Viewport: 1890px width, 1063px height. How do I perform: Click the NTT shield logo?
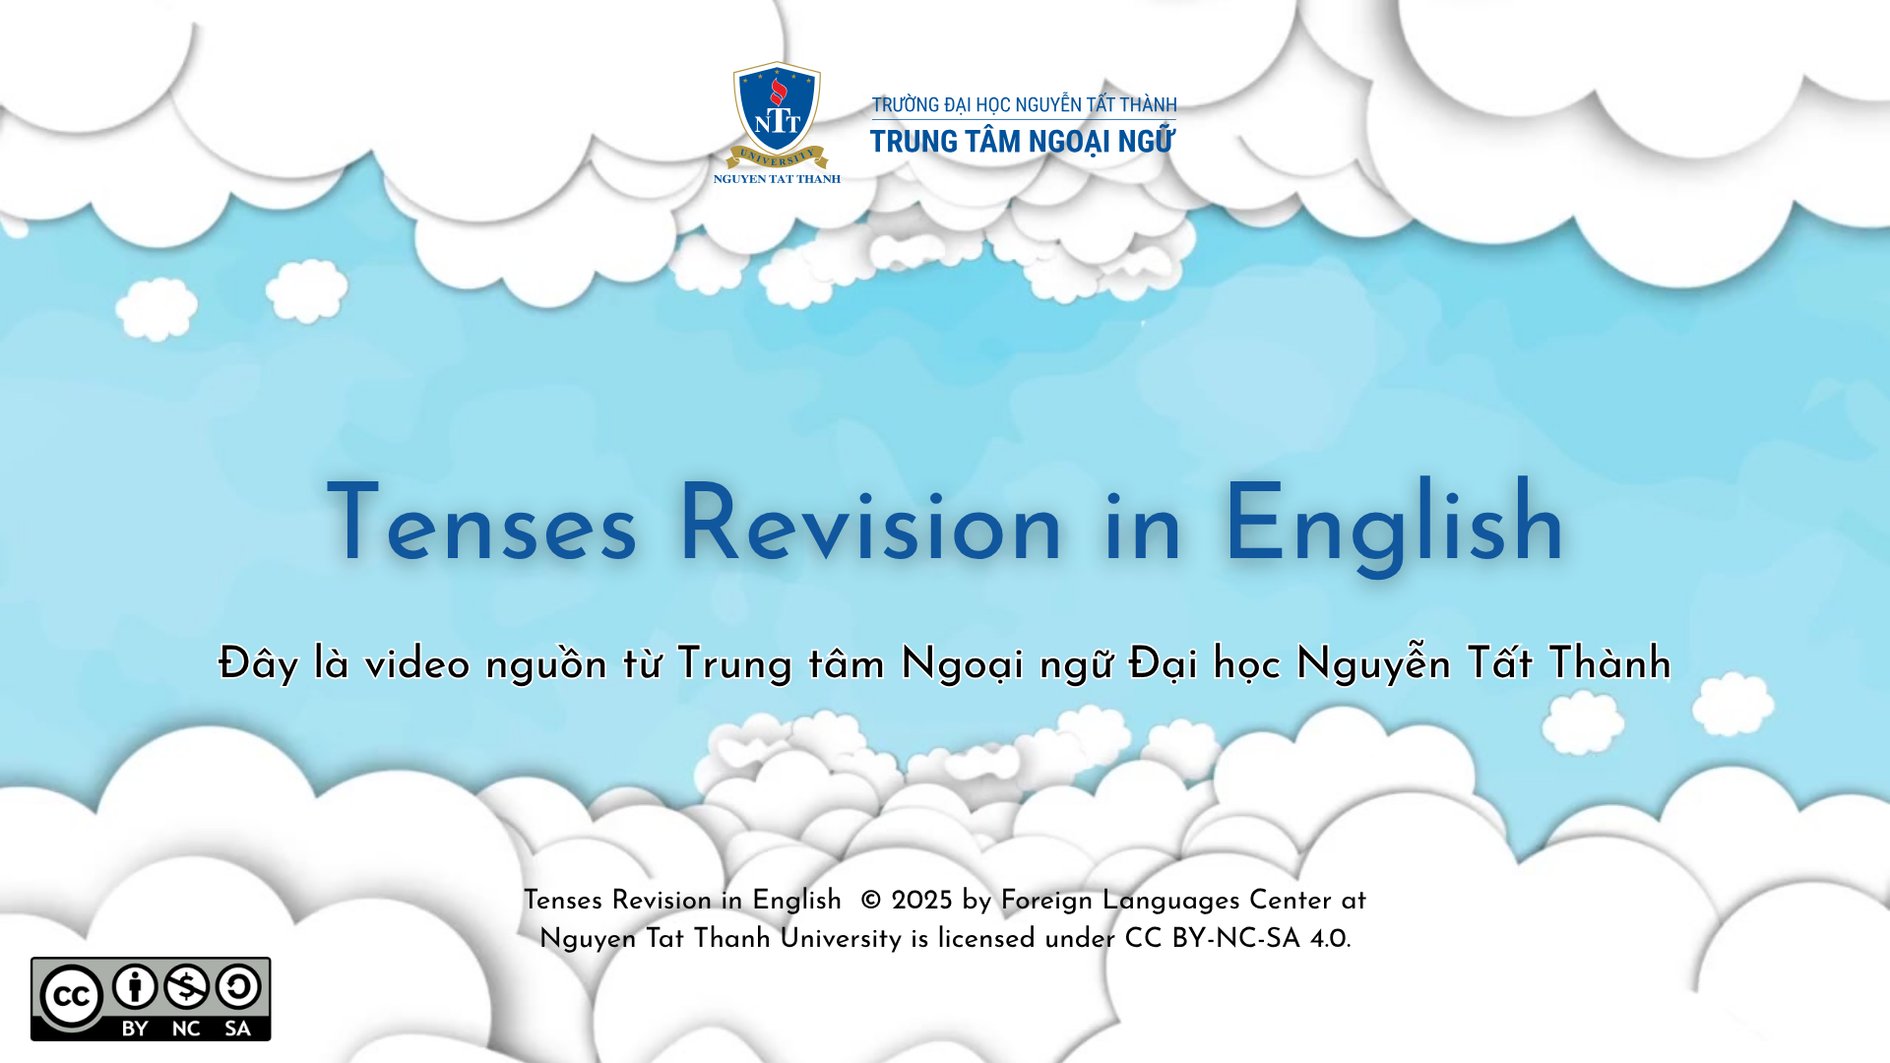(777, 113)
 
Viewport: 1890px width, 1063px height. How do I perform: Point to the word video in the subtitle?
(417, 664)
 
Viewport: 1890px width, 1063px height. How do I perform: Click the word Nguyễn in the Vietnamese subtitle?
(1373, 664)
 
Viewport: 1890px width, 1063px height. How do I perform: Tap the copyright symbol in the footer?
(871, 901)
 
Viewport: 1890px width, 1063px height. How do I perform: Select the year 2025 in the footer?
(921, 901)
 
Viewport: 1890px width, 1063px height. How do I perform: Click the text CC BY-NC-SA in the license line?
(1213, 939)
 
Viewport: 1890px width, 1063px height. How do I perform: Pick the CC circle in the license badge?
(72, 997)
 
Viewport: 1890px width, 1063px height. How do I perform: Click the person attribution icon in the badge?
(135, 986)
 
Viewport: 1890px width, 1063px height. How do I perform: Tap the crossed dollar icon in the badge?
(186, 986)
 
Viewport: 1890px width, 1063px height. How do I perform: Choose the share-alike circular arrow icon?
(238, 986)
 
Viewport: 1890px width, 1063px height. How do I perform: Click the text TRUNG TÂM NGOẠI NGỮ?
(1022, 142)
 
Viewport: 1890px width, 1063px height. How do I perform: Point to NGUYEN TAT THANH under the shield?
(777, 179)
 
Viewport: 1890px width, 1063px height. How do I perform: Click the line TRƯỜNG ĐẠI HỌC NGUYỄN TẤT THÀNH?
(1024, 104)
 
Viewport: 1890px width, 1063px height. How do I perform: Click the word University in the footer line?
(841, 939)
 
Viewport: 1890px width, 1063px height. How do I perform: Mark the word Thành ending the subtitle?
(1609, 664)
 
